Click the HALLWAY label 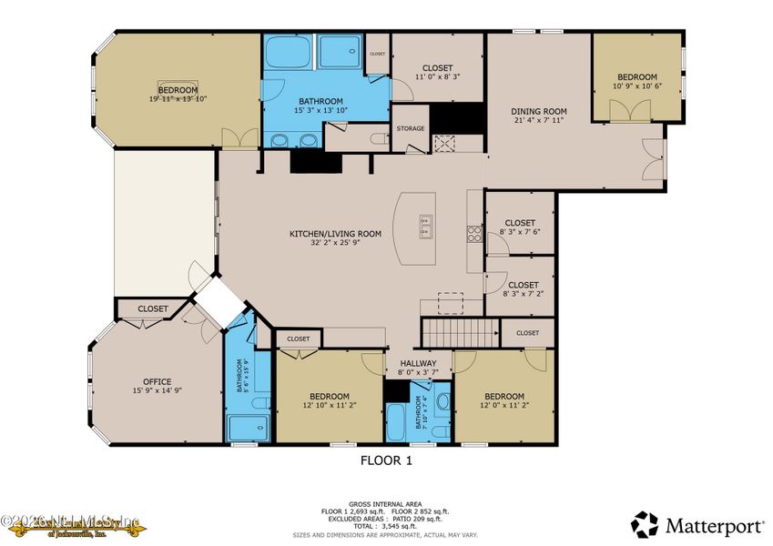point(419,363)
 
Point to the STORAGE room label point(411,129)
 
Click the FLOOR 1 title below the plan point(386,461)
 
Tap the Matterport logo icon point(645,524)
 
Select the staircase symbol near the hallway point(460,331)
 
